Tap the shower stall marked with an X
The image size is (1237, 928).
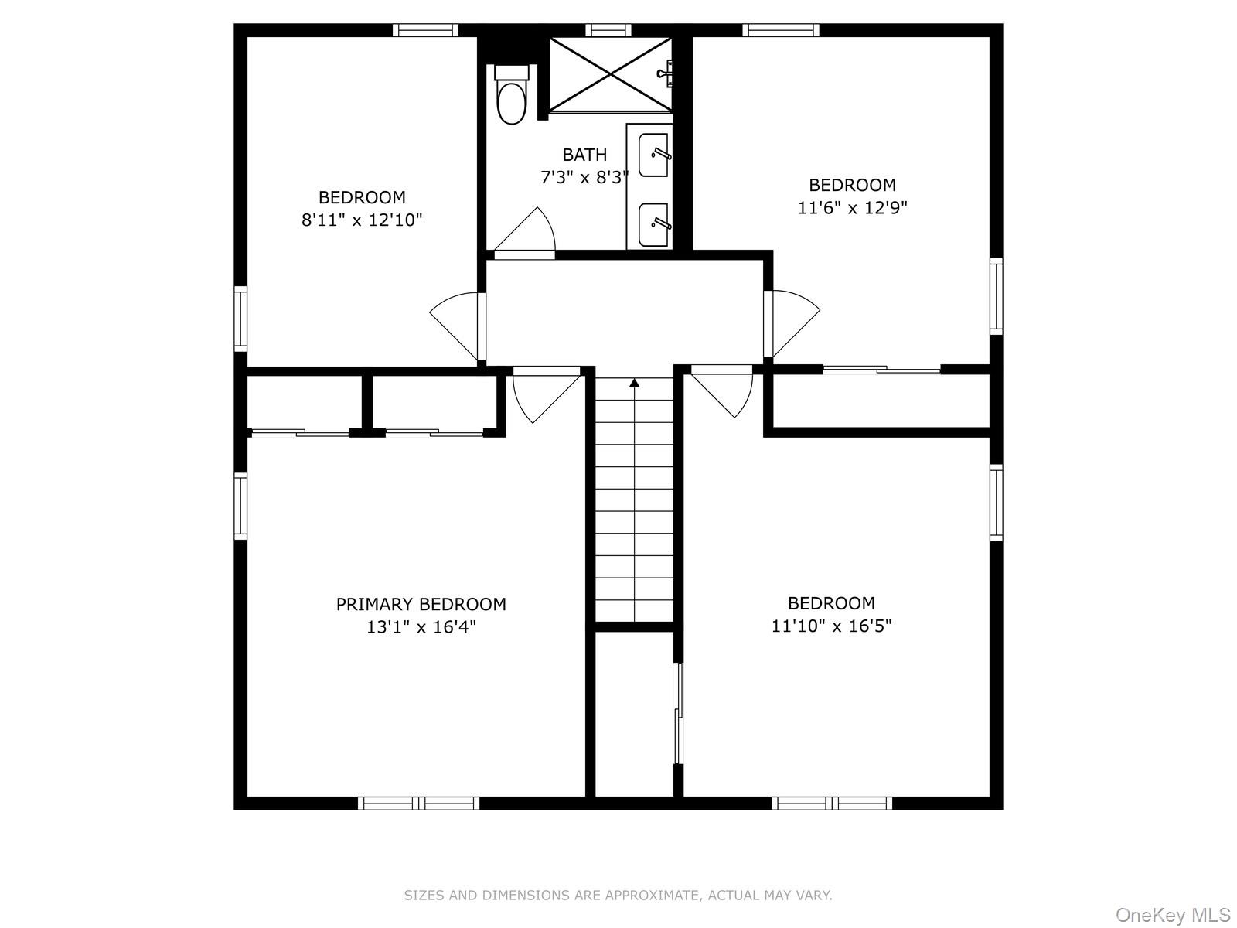(610, 74)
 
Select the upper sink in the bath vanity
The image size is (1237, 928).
(654, 155)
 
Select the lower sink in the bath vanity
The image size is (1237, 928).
(654, 224)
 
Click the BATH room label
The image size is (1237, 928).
(584, 155)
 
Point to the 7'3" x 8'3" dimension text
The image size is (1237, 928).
(584, 177)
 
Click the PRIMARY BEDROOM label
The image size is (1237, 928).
(421, 604)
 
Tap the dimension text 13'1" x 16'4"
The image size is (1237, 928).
(421, 626)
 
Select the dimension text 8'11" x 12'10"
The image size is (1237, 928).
(362, 220)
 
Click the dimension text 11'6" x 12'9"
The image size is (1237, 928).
(852, 207)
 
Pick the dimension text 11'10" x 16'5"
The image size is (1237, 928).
(831, 625)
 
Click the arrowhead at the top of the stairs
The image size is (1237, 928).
(634, 382)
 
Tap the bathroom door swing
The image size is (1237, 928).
(530, 232)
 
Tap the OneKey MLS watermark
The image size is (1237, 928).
(1172, 916)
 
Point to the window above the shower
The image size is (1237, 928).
(608, 30)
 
